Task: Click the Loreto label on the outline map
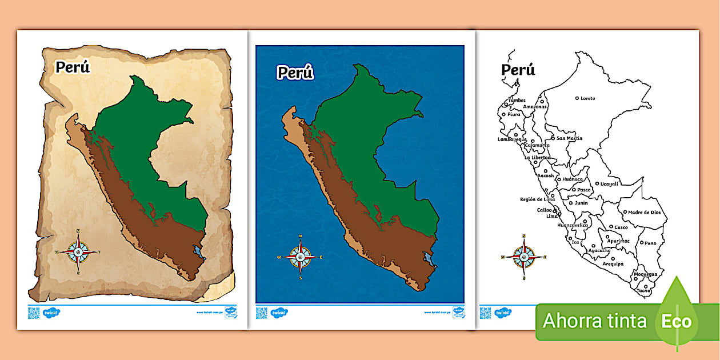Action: [x=587, y=98]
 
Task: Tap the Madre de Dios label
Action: [x=645, y=212]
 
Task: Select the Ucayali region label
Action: [x=610, y=183]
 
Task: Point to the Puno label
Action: [x=650, y=243]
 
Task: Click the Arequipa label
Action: [x=613, y=264]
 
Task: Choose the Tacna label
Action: [x=643, y=291]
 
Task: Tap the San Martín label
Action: [x=570, y=138]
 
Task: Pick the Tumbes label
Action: [x=517, y=101]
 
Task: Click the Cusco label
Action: [x=621, y=227]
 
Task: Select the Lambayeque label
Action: [x=511, y=139]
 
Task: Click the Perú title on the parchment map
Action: [x=73, y=67]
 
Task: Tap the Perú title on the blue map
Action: [x=295, y=73]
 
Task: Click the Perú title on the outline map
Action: [x=518, y=70]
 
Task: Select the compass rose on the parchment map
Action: [x=78, y=251]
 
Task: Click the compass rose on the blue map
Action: [x=301, y=257]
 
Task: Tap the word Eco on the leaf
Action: [x=677, y=321]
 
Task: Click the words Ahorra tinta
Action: [x=595, y=321]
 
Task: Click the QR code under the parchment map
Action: [x=34, y=313]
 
